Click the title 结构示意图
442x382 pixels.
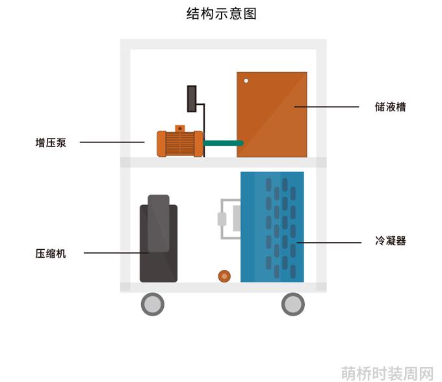click(221, 14)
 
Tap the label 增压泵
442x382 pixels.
click(51, 143)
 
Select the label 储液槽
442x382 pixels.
click(391, 107)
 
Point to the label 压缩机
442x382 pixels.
click(51, 254)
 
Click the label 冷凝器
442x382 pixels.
click(391, 241)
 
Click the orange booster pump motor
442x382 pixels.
click(180, 143)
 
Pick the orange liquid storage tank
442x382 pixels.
click(272, 115)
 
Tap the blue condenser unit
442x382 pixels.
click(272, 227)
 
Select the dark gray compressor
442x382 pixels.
click(159, 238)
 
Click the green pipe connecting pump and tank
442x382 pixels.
click(223, 143)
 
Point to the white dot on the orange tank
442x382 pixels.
click(246, 81)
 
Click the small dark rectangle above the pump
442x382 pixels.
click(192, 99)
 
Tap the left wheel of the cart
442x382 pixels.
click(153, 304)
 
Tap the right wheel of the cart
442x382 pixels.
click(293, 304)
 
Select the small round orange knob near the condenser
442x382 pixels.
click(224, 276)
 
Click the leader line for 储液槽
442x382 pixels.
click(326, 107)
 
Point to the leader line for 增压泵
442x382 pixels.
click(112, 142)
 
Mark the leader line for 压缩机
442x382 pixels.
click(116, 252)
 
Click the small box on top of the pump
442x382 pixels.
click(180, 128)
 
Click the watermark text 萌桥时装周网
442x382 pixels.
click(387, 374)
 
